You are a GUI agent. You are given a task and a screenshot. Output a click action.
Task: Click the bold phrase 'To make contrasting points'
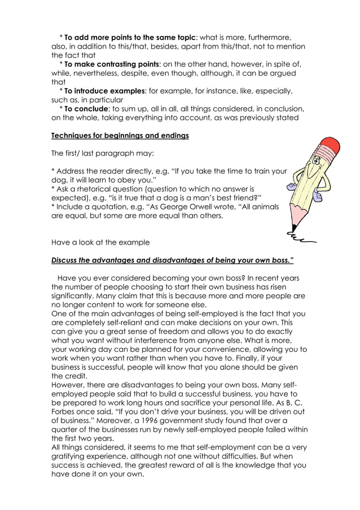112,64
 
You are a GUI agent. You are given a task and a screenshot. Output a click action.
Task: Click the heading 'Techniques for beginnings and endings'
120,136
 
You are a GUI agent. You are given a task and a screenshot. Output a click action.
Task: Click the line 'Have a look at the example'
100,242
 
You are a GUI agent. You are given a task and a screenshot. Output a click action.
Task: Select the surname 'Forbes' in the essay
65,411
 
